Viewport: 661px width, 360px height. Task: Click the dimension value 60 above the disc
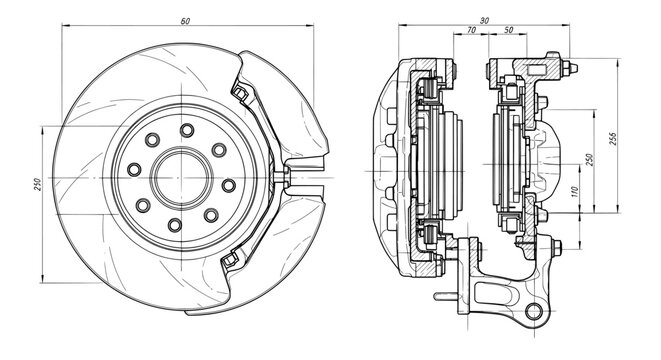tap(186, 20)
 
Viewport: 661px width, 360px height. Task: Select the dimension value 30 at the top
tap(484, 20)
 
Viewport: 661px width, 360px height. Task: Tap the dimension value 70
tap(470, 31)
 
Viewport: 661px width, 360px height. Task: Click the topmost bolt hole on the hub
tap(186, 130)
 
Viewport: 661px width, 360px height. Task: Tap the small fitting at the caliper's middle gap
tap(286, 178)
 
